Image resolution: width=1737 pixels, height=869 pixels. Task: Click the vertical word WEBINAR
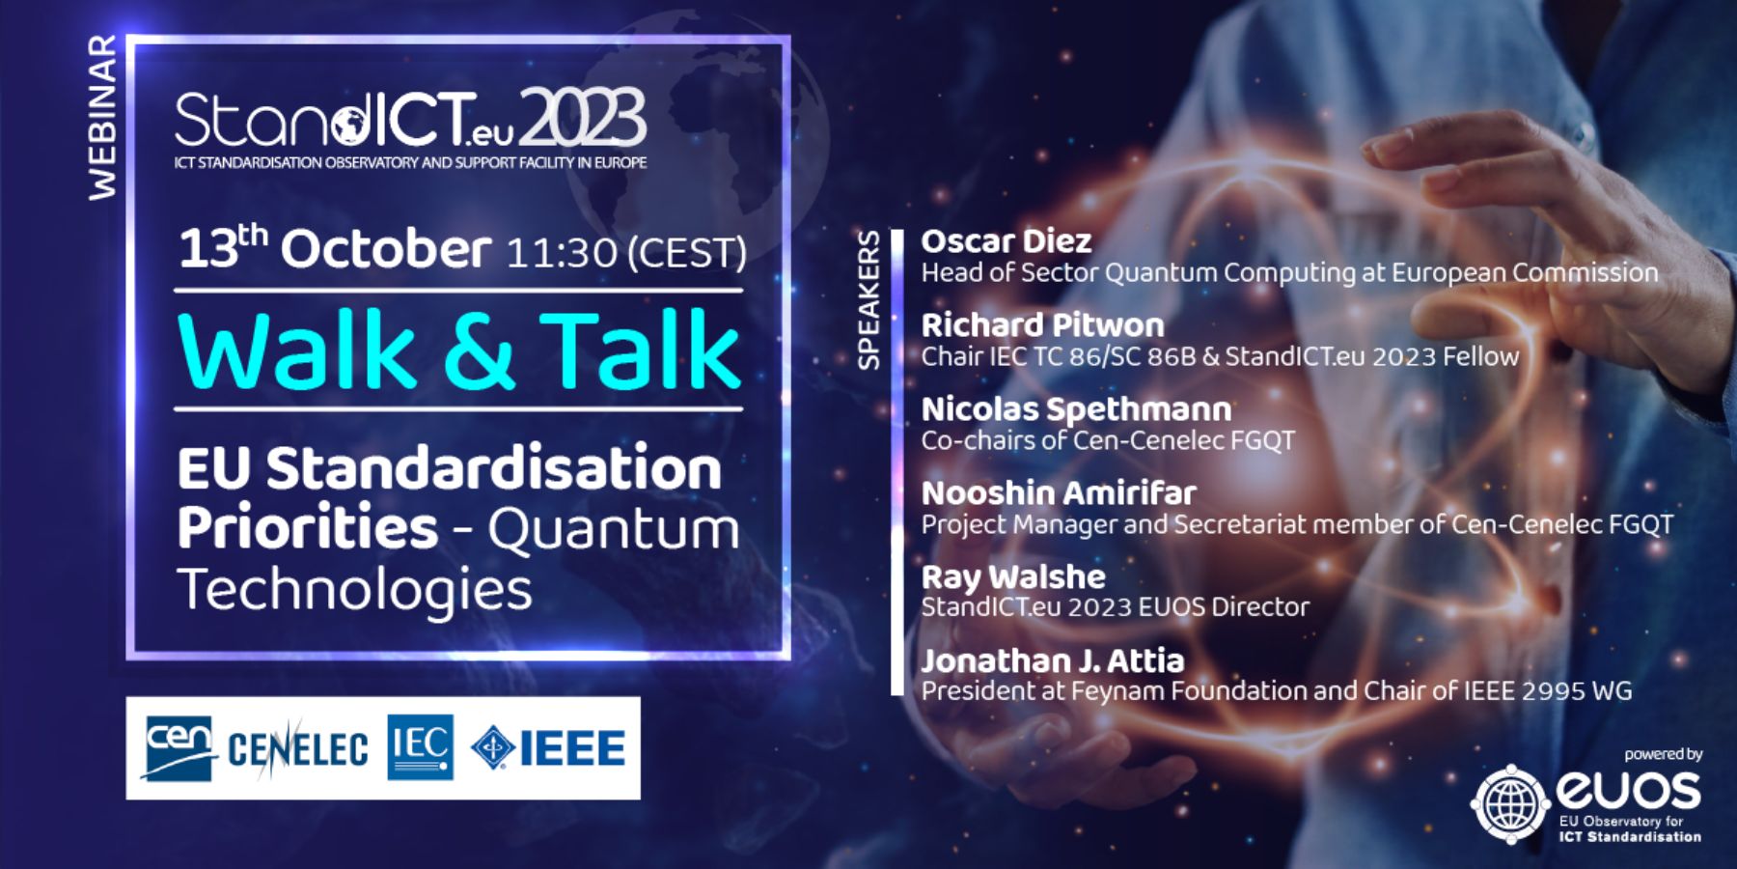[x=102, y=119]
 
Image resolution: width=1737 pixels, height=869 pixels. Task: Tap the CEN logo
[x=179, y=747]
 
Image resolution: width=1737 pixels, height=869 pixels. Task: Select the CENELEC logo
[x=297, y=748]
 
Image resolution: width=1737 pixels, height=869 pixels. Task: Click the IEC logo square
[x=421, y=747]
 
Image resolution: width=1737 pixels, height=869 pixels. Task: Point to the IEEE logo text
[x=572, y=748]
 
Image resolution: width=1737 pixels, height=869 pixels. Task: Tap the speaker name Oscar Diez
[x=1006, y=240]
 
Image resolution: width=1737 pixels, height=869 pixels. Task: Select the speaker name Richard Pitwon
[x=1043, y=324]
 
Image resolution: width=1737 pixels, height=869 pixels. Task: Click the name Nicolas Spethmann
[x=1077, y=409]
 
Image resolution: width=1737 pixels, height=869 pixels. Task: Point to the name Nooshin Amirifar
[x=1059, y=492]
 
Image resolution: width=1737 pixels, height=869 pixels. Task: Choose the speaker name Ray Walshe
[x=1013, y=577]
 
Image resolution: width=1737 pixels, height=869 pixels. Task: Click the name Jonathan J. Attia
[x=1053, y=660]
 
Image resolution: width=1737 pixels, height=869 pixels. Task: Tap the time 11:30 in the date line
[x=561, y=253]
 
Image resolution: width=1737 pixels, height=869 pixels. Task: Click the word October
[x=386, y=249]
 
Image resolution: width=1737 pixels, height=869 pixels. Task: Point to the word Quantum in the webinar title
[x=614, y=530]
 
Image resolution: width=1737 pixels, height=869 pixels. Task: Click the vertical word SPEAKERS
[x=869, y=299]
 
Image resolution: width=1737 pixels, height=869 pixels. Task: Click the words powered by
[x=1664, y=754]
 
